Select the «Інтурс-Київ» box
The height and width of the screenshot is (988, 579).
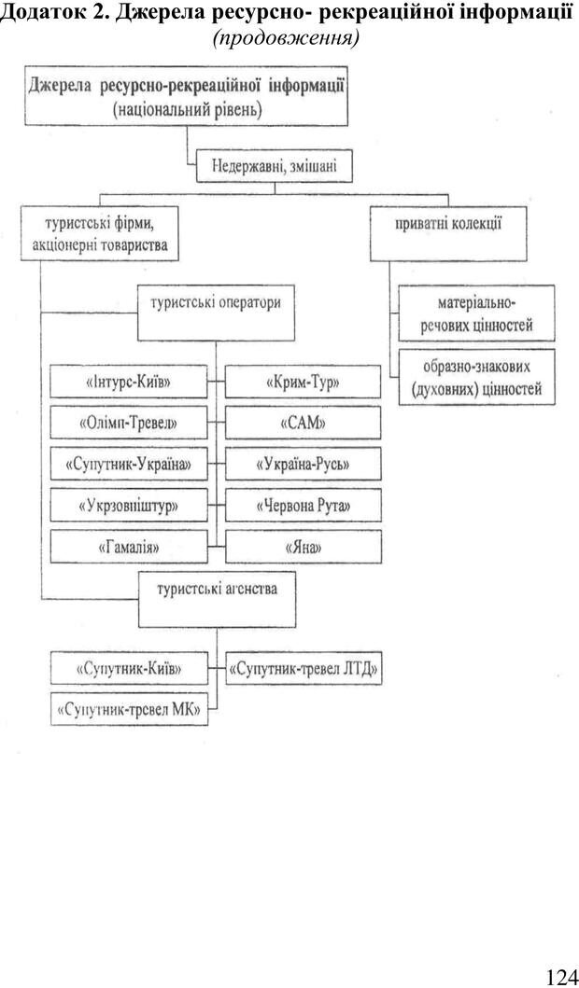click(x=129, y=383)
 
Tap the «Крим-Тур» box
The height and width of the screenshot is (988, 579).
click(x=302, y=383)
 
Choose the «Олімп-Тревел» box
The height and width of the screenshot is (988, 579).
click(x=129, y=424)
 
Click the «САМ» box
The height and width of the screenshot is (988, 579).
click(x=302, y=424)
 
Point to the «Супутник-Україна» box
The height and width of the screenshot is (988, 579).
click(x=129, y=464)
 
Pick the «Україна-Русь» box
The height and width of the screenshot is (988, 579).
click(x=302, y=464)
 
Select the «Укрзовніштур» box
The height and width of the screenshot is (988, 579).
click(x=129, y=506)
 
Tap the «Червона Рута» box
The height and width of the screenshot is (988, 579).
click(x=302, y=506)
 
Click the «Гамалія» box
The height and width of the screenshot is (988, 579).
click(x=129, y=547)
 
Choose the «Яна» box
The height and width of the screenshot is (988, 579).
click(x=302, y=547)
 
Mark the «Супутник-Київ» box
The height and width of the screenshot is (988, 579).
click(x=129, y=669)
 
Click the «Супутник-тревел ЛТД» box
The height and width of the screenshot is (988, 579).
click(x=305, y=669)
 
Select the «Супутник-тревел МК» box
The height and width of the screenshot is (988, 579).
click(x=129, y=710)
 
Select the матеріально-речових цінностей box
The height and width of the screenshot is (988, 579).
click(x=476, y=314)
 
